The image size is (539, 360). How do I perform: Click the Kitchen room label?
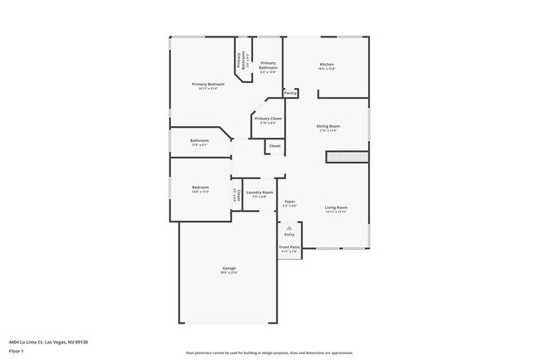328,65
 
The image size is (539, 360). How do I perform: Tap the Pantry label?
290,93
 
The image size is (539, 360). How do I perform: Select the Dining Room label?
328,126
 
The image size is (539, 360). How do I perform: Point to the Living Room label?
335,207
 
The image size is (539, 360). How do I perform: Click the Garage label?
229,268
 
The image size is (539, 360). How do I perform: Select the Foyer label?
290,201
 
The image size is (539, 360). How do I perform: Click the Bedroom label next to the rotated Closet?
201,187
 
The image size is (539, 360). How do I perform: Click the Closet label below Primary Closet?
274,146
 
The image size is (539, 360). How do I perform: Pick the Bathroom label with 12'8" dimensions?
199,140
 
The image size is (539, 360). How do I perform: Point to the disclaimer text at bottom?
269,352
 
